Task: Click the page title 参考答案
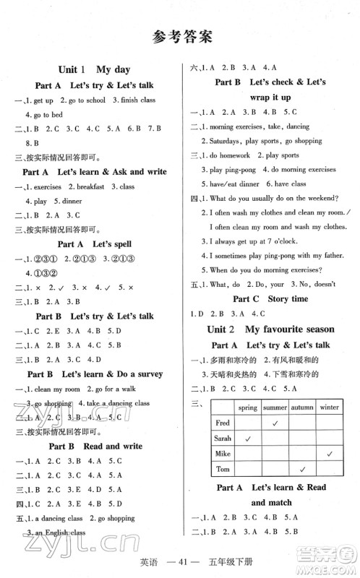(180, 37)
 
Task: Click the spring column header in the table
(248, 407)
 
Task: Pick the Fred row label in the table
(223, 423)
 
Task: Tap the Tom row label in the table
(222, 468)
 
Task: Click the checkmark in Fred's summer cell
(275, 423)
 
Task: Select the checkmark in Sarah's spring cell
(248, 438)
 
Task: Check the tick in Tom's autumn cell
(301, 468)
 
